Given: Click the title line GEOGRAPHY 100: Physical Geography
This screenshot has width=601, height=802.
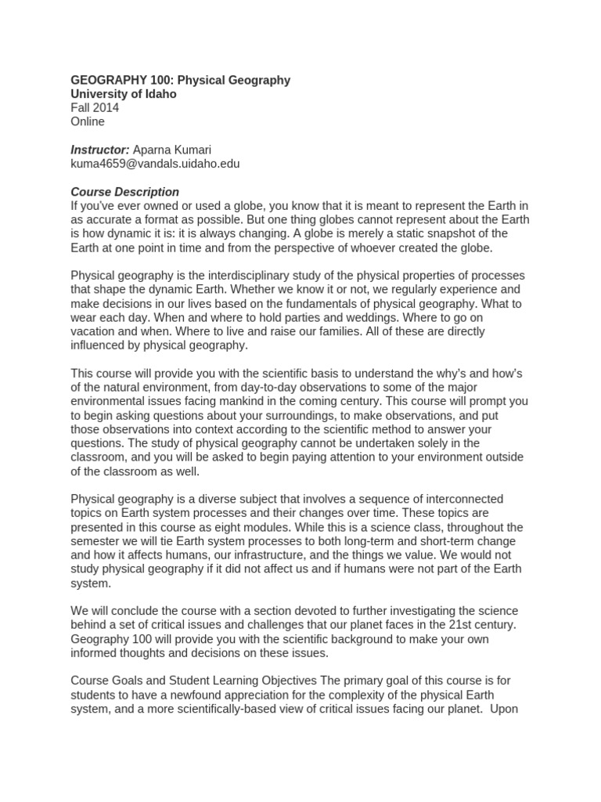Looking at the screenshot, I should (x=181, y=80).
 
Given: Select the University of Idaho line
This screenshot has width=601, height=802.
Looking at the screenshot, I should (x=124, y=94).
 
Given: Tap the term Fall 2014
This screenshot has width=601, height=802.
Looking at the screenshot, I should (x=95, y=108).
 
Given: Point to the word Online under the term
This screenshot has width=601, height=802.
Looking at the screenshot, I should (x=88, y=121).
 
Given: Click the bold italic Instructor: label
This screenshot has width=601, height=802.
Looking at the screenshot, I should (x=100, y=150).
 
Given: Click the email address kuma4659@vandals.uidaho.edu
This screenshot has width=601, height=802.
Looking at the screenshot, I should (x=156, y=164).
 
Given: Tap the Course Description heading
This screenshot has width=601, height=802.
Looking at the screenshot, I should (x=125, y=192).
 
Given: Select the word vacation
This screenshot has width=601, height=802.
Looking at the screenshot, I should (x=96, y=331).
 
